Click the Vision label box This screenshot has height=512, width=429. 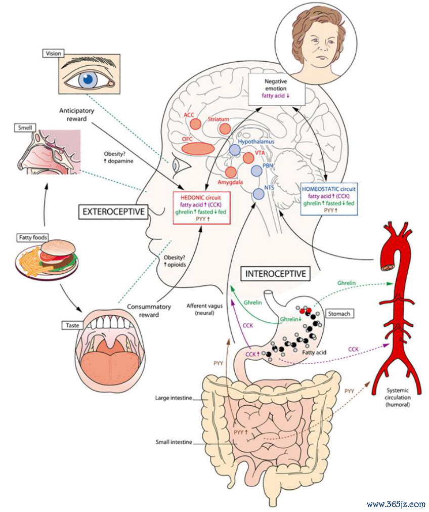[x=53, y=53]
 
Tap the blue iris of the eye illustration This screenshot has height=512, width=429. [x=88, y=79]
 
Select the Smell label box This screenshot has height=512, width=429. [x=25, y=127]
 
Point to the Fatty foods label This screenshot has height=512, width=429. [x=33, y=237]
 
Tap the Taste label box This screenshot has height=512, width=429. [x=72, y=325]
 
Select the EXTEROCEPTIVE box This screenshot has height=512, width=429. [x=114, y=211]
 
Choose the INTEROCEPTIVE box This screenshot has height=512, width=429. [x=276, y=273]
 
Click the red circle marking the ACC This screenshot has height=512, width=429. [x=196, y=124]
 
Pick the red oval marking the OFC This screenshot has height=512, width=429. [x=198, y=148]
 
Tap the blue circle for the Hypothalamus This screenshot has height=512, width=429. [x=234, y=150]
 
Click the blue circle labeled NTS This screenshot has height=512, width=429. [x=259, y=194]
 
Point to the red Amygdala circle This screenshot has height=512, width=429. [x=231, y=172]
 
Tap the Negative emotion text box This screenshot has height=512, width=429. [x=277, y=89]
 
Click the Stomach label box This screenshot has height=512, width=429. [x=339, y=314]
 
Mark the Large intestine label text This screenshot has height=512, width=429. [x=174, y=398]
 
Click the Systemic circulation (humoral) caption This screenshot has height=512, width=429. [x=397, y=397]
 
